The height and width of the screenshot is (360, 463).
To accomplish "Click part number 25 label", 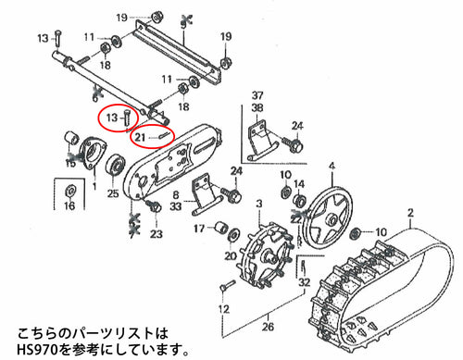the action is coord(113,193).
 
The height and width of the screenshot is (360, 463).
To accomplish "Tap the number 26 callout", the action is coord(268,327).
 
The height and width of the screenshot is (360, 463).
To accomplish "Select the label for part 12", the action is coord(223,308).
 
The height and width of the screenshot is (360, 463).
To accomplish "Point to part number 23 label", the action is coord(156,234).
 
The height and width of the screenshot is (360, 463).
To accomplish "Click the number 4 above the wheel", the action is coord(332,166).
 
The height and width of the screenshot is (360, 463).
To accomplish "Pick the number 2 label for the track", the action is coord(410,213).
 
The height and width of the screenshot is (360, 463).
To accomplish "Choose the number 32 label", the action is coord(305,282).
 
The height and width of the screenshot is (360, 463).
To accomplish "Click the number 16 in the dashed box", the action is coord(69,205).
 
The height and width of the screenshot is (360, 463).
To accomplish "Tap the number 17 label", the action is coord(199,229).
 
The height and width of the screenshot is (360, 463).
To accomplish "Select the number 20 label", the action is coord(231,255).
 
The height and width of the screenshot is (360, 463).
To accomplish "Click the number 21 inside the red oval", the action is coord(140,137).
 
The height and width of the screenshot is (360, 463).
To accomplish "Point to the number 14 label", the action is coord(299,184).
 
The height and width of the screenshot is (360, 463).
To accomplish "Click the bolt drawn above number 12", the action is coord(228,284).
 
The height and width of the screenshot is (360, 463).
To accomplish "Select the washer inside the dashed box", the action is coord(69,191).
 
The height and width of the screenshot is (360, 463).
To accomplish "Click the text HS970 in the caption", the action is coord(37,350).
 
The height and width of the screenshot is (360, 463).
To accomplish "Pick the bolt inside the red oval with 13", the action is coord(127,118).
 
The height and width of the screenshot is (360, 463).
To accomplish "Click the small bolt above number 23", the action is coord(154,205).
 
